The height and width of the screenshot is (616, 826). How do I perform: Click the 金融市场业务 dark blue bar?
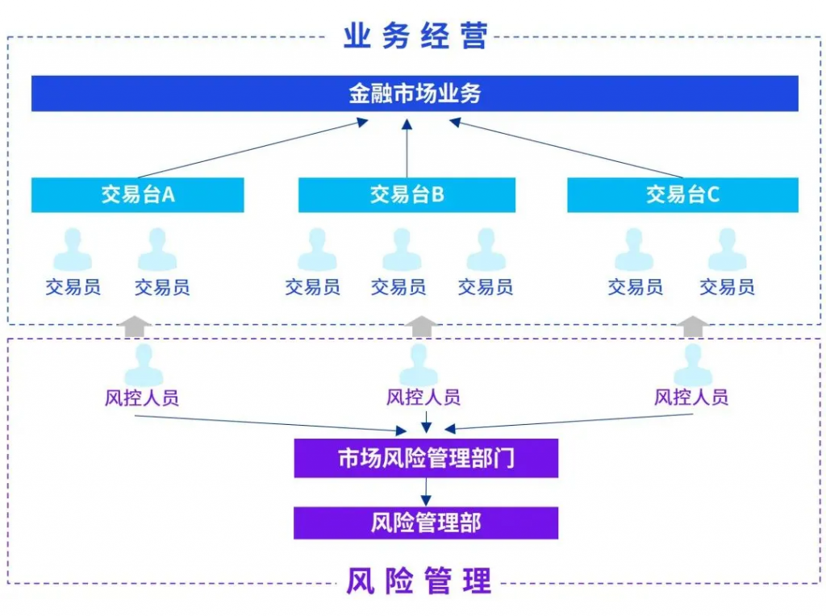click(x=415, y=94)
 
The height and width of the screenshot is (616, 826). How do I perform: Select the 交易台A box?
click(x=137, y=195)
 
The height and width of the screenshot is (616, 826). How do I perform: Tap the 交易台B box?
click(x=407, y=195)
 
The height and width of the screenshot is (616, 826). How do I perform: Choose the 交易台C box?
click(x=682, y=195)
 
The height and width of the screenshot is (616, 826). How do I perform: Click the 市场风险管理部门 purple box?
click(x=426, y=458)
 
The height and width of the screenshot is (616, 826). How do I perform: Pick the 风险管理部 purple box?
click(x=426, y=522)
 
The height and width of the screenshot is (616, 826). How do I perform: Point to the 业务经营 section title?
click(x=415, y=35)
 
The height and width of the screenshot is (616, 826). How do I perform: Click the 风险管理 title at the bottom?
click(x=419, y=581)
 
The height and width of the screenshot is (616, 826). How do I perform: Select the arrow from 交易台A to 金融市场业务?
click(x=252, y=148)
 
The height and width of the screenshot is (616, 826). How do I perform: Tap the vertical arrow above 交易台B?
click(x=407, y=148)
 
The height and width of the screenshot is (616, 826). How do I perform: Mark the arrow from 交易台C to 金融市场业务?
click(x=566, y=148)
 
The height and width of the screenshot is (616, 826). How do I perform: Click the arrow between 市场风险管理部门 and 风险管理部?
click(x=426, y=493)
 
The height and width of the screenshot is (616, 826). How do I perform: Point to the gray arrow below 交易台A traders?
click(x=135, y=327)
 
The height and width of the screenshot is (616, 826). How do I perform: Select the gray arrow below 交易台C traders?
click(x=692, y=327)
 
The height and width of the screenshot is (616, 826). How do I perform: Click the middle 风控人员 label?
click(x=423, y=397)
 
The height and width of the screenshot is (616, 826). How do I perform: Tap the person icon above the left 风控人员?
click(x=144, y=365)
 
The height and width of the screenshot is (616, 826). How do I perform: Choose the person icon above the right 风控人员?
click(x=693, y=365)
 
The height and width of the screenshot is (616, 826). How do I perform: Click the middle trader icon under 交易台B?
click(x=402, y=250)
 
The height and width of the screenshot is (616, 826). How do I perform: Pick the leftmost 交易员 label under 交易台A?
click(x=73, y=287)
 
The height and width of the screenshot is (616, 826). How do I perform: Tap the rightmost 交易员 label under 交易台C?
click(x=727, y=287)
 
